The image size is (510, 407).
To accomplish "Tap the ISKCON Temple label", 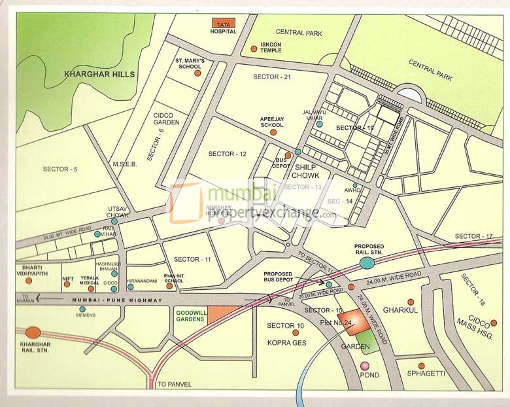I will [x=271, y=48].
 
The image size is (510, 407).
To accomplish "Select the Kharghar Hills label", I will [x=99, y=75].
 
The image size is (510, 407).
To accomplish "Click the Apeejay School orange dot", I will [x=273, y=132].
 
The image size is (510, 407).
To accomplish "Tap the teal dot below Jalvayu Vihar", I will [x=319, y=124].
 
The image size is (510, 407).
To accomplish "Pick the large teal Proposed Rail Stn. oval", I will [x=367, y=263].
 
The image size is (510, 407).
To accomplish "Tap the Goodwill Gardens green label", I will [x=191, y=317].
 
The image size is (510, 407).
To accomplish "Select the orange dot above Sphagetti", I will [x=421, y=365].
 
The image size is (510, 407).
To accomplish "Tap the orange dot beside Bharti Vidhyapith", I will [x=28, y=280].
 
